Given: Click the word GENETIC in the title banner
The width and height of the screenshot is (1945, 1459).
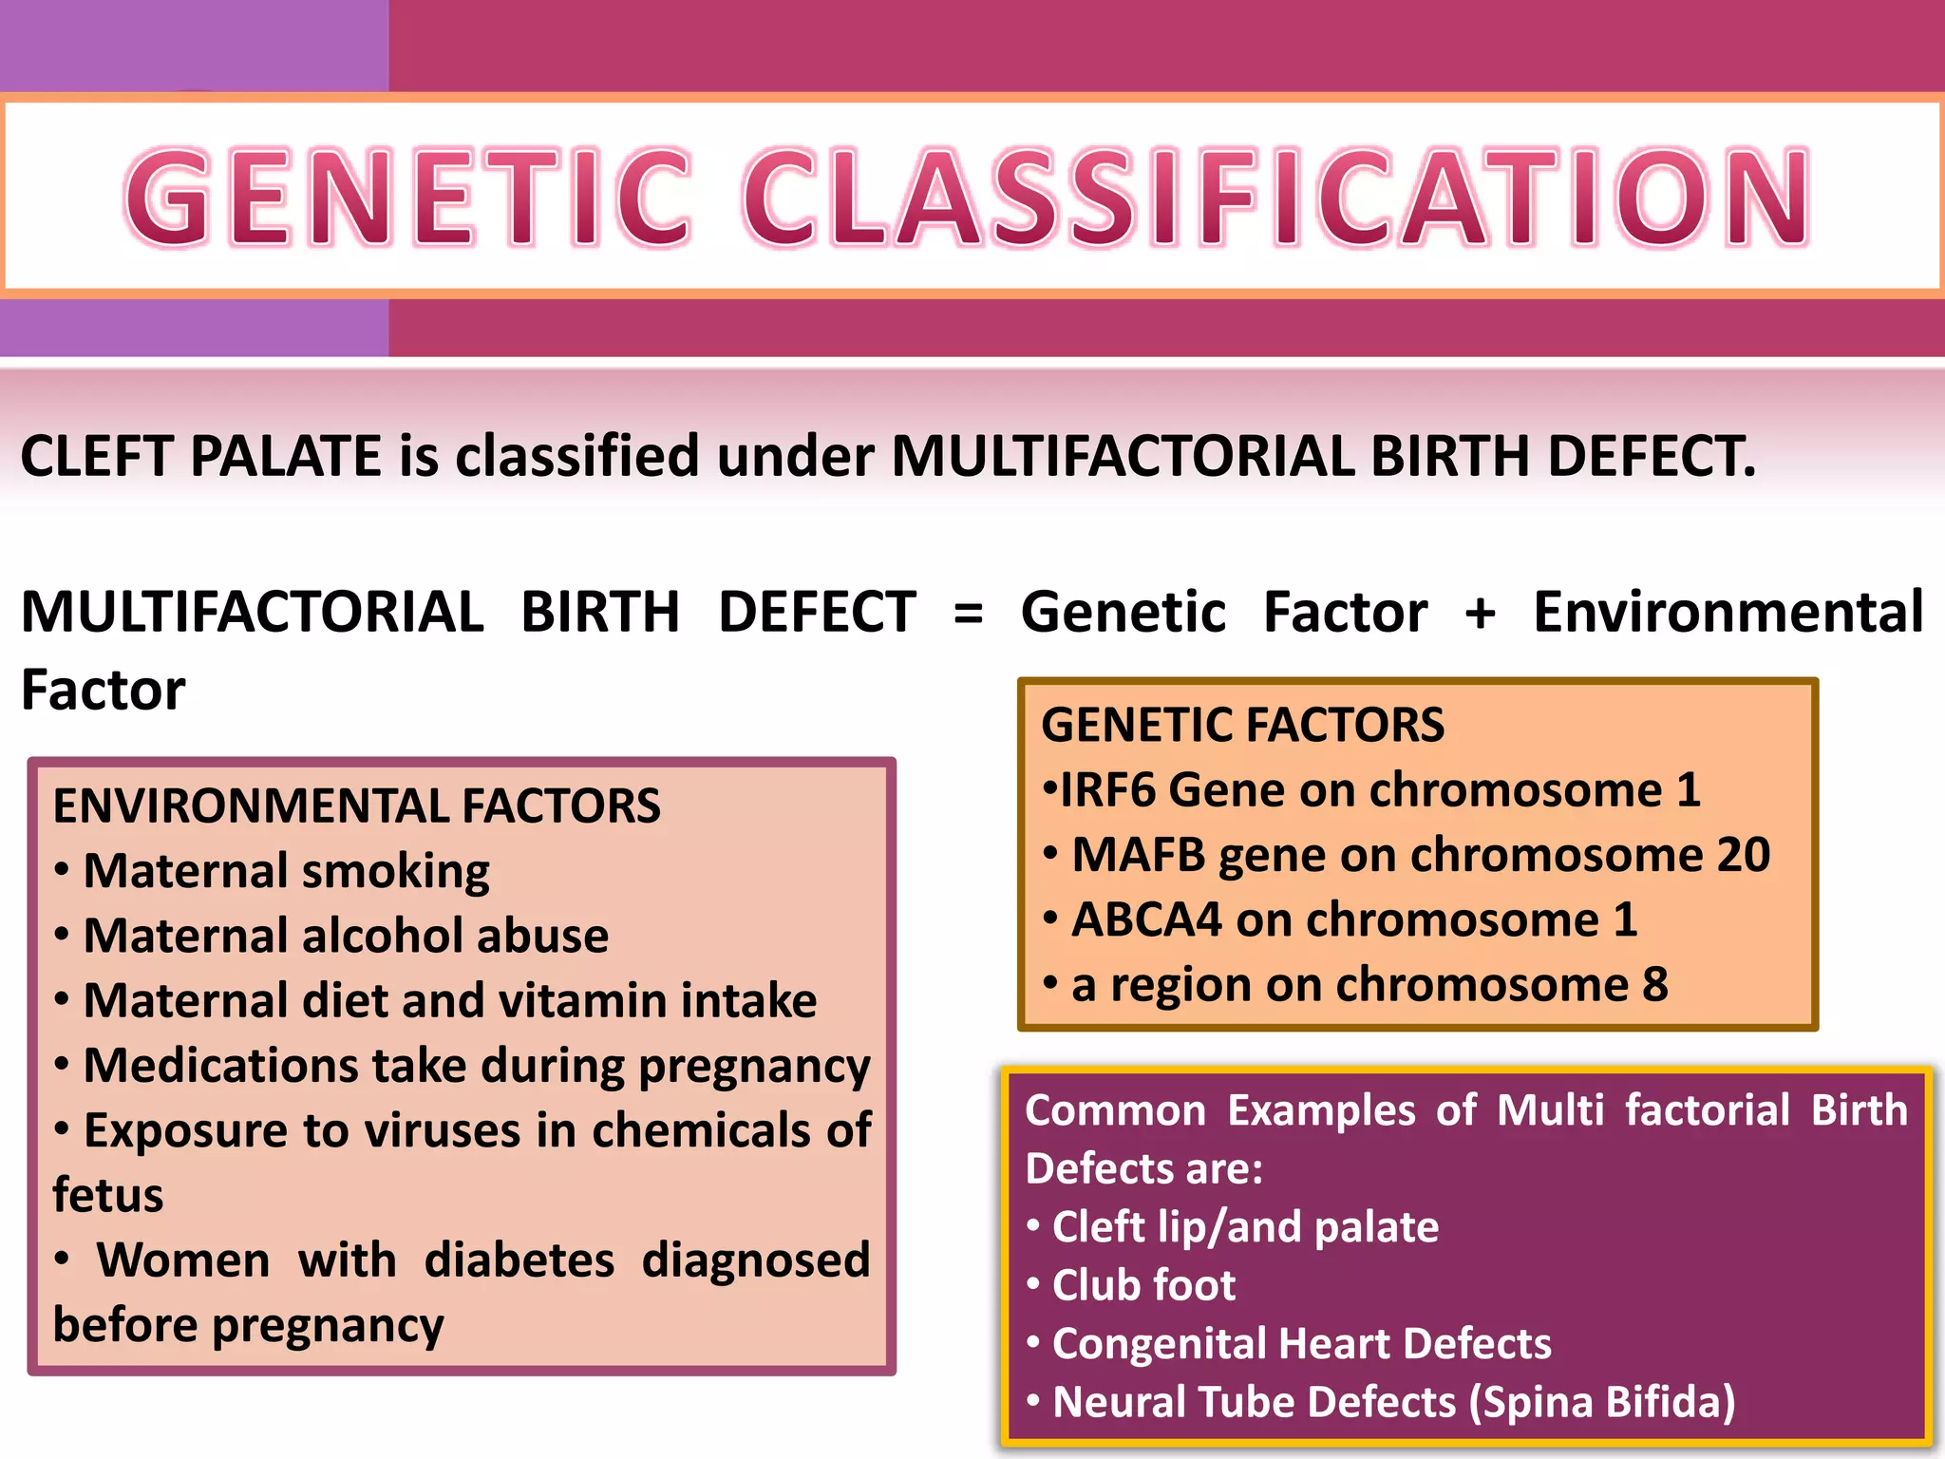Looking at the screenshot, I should (x=408, y=198).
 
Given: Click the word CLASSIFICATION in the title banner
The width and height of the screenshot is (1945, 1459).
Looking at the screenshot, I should (x=1275, y=198).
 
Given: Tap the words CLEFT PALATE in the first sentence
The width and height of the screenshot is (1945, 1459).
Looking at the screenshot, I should (x=200, y=456).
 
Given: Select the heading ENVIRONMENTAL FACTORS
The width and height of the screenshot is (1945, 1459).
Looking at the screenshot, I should (x=356, y=806).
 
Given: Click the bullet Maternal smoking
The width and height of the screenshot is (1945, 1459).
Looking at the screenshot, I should (x=286, y=871).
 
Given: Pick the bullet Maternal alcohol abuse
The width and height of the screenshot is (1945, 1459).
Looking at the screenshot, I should (x=346, y=936).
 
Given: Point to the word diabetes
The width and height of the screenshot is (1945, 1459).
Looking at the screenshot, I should (x=519, y=1260).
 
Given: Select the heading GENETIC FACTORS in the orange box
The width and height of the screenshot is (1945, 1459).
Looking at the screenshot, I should (x=1242, y=725).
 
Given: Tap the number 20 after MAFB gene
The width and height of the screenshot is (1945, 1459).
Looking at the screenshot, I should (x=1743, y=855).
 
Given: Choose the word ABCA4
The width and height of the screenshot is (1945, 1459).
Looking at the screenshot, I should (x=1146, y=919).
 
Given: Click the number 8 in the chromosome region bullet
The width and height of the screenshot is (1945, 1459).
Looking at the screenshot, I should (x=1654, y=985).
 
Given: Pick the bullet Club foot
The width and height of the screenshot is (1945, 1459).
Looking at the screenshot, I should (x=1143, y=1285).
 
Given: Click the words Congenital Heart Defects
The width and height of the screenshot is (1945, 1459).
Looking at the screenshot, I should (x=1301, y=1344).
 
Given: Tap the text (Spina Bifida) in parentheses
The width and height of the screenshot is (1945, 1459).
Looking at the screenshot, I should (x=1601, y=1402).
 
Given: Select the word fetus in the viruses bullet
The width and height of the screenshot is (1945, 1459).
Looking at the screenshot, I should (x=108, y=1195).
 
